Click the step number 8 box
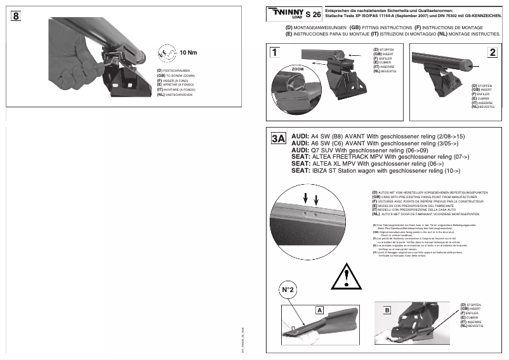(x=15, y=16)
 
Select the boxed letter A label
(x=320, y=310)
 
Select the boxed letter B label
(x=387, y=310)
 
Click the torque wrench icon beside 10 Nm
(x=165, y=52)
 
